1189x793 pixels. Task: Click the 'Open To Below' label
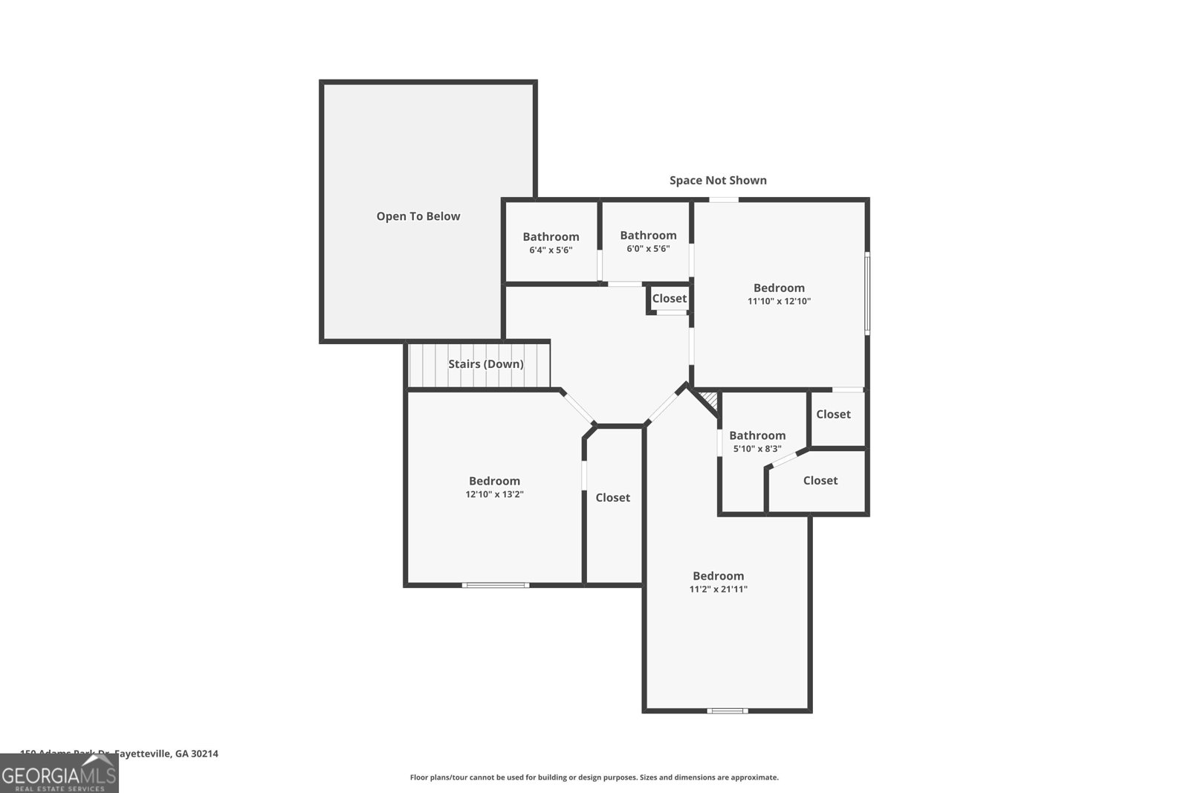tap(418, 216)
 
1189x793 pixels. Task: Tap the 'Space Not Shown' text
tap(718, 180)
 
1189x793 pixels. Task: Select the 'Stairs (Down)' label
tap(485, 364)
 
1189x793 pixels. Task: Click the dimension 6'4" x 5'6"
tap(551, 250)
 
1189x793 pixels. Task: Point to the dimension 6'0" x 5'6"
tap(648, 249)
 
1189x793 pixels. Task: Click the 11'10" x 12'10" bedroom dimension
tap(779, 302)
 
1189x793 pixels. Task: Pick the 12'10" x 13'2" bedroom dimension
tap(494, 494)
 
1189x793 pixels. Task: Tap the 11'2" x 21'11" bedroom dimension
tap(718, 589)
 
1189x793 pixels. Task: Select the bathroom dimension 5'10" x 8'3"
tap(757, 449)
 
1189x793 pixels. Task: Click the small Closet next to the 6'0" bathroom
tap(669, 298)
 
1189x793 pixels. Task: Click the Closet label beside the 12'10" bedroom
tap(612, 497)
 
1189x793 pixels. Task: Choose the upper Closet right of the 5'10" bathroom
tap(833, 414)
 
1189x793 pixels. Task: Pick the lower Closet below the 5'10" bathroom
tap(820, 481)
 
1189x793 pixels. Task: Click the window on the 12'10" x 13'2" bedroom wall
tap(496, 585)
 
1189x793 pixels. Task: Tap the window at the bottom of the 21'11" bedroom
tap(727, 711)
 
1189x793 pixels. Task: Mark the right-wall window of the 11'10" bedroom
tap(866, 293)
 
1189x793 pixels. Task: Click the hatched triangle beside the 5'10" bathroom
tap(710, 401)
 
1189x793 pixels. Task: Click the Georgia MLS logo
tap(59, 774)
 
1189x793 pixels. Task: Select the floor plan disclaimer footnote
tap(594, 777)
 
